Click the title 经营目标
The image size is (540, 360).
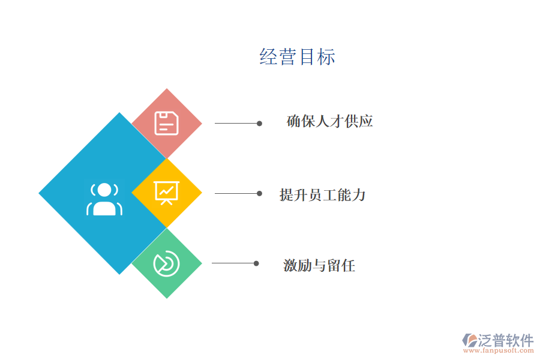(x=297, y=57)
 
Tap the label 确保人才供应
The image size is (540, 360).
(x=329, y=121)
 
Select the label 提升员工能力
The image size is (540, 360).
(x=322, y=195)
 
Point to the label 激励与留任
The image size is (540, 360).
(x=319, y=265)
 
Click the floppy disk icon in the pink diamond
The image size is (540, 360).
(x=167, y=123)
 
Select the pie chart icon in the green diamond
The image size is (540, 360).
(x=166, y=263)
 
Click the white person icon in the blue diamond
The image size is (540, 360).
(x=104, y=199)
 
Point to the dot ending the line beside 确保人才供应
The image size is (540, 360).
(x=259, y=124)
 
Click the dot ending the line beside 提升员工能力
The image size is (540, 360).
(x=259, y=194)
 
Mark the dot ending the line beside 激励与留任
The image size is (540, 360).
(x=256, y=263)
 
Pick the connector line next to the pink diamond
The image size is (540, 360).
(x=236, y=124)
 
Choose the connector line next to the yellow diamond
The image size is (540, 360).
(x=236, y=194)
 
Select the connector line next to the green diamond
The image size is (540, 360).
(x=233, y=263)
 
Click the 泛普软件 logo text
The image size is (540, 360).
(x=506, y=340)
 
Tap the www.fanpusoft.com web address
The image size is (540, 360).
(x=499, y=350)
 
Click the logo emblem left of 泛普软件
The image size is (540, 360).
(x=469, y=340)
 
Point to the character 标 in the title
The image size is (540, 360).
(x=326, y=57)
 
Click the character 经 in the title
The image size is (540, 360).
(x=268, y=57)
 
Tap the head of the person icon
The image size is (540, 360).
(x=104, y=190)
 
